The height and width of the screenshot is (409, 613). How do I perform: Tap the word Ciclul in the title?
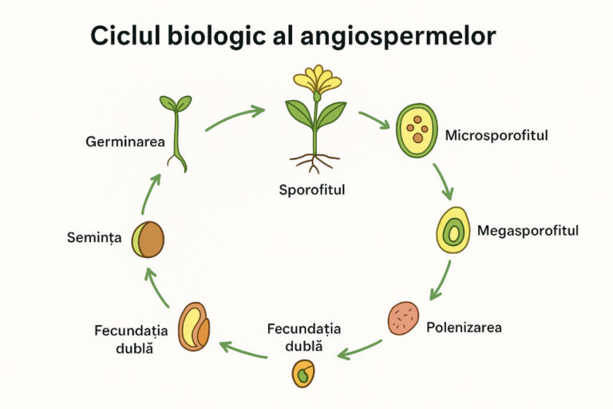(x=125, y=36)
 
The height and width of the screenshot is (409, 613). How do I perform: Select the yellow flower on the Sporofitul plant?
(x=318, y=79)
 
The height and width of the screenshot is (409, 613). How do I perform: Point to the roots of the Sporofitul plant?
(x=314, y=162)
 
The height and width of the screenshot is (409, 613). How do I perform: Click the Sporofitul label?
(x=312, y=190)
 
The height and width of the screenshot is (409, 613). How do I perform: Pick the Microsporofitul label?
(x=496, y=136)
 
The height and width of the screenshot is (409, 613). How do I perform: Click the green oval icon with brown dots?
(x=417, y=130)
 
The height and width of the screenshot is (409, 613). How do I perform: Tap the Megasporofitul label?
(x=528, y=231)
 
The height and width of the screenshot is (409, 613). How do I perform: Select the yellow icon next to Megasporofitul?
(x=453, y=230)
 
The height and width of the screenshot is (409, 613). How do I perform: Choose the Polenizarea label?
(x=464, y=328)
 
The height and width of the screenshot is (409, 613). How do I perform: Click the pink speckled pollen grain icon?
(x=403, y=318)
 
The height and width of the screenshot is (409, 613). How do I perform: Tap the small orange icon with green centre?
(x=303, y=373)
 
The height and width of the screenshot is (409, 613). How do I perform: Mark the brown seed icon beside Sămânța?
(x=148, y=240)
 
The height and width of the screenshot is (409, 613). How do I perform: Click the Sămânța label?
(x=94, y=237)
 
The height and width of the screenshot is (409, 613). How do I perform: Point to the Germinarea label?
(x=125, y=141)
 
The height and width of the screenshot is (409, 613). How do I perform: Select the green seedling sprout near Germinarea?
(x=176, y=133)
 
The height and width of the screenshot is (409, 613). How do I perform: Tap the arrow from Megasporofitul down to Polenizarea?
(x=441, y=280)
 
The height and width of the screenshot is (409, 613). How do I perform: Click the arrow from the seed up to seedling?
(x=150, y=194)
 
